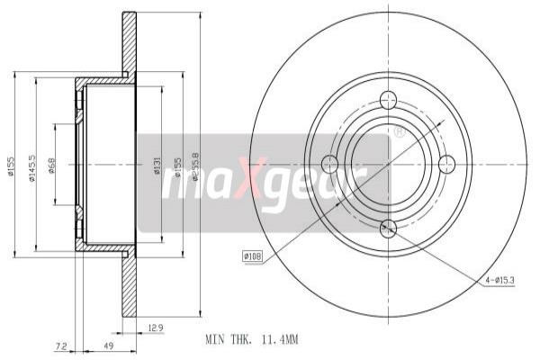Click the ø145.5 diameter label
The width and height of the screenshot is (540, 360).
pyautogui.click(x=31, y=166)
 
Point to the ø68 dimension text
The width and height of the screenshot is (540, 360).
pyautogui.click(x=52, y=166)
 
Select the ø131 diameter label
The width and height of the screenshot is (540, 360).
pyautogui.click(x=157, y=166)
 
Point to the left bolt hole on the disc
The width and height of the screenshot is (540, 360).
pyautogui.click(x=329, y=164)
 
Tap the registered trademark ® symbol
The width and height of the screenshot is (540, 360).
pyautogui.click(x=399, y=132)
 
